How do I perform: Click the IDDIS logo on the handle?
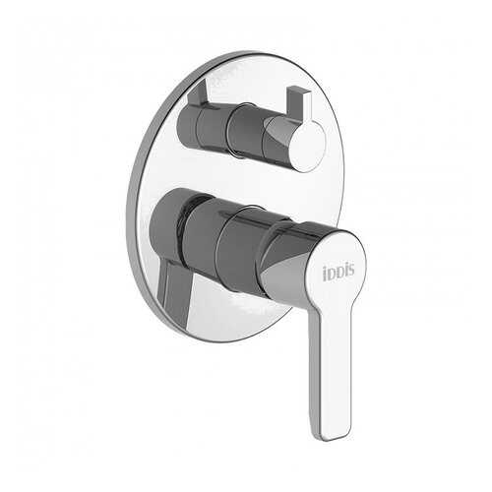pos(338,273)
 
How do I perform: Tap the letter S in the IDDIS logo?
pos(350,271)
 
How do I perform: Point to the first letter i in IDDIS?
pos(326,275)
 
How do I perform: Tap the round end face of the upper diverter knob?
pos(309,144)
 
